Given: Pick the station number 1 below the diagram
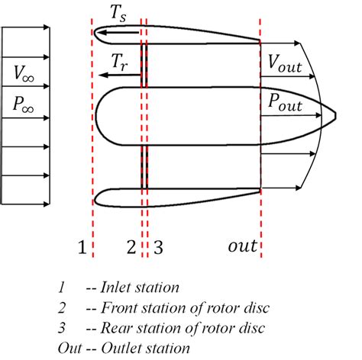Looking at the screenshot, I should pyautogui.click(x=81, y=246).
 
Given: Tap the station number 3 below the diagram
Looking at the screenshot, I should pyautogui.click(x=158, y=246).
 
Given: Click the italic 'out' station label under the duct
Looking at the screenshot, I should pyautogui.click(x=243, y=246).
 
